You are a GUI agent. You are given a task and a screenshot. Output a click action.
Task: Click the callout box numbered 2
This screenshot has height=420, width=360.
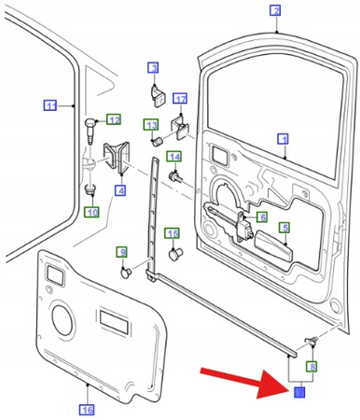click(x=275, y=11)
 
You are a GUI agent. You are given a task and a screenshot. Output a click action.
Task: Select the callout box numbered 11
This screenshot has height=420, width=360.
click(x=50, y=105)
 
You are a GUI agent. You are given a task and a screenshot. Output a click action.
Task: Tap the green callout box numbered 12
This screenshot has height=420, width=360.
click(x=114, y=119)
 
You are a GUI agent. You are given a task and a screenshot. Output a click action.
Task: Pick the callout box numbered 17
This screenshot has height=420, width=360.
click(x=180, y=99)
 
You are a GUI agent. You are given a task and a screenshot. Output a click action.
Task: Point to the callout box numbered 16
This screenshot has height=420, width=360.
click(x=87, y=410)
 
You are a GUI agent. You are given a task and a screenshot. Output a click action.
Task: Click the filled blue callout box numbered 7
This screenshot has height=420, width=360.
click(x=299, y=392)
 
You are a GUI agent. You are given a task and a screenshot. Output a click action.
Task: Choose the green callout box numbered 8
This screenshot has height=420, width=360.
click(x=312, y=367)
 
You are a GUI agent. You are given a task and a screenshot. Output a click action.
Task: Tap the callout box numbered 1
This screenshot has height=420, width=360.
click(x=283, y=139)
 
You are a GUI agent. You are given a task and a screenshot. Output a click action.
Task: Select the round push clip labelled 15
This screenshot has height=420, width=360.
click(x=175, y=254)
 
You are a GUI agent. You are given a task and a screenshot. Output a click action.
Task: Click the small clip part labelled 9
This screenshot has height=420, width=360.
click(x=126, y=273)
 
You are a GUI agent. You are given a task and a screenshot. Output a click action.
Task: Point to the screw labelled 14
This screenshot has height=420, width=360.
click(x=175, y=177)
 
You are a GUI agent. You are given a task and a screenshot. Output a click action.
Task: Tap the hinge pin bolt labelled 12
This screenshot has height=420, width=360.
click(x=90, y=131)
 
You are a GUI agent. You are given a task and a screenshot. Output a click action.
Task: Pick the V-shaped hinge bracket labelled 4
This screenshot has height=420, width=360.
click(x=116, y=157)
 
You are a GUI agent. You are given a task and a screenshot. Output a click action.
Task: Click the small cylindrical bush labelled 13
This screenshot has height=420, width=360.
click(x=158, y=143)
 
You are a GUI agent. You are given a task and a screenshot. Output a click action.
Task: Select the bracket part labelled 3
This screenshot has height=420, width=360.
click(x=158, y=96)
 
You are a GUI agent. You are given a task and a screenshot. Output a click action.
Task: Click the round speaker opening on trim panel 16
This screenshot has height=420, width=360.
click(x=63, y=319)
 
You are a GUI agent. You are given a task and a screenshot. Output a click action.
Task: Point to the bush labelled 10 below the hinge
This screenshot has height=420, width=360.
click(x=90, y=189)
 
